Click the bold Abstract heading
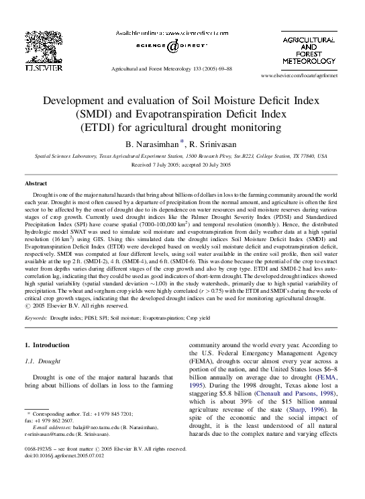(x=36, y=183)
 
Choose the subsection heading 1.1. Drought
(x=44, y=361)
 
